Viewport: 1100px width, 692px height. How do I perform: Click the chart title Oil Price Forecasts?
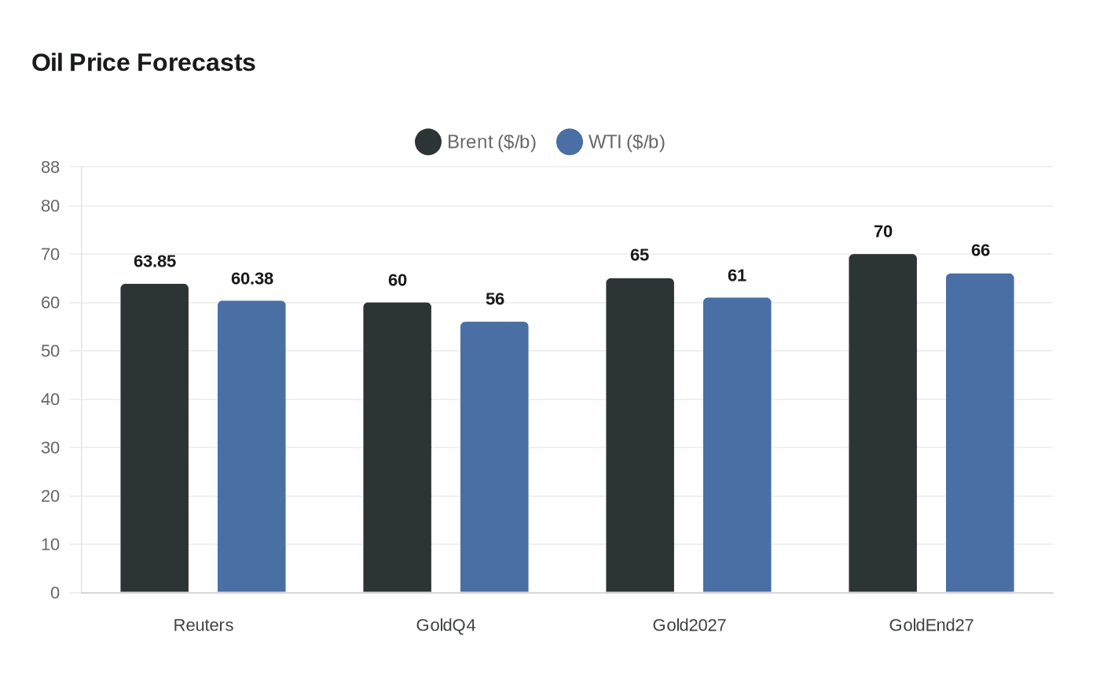click(144, 63)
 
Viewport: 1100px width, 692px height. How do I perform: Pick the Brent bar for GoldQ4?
click(398, 447)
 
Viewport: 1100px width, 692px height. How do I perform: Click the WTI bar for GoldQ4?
click(494, 457)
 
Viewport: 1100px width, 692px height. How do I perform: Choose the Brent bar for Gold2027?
click(640, 436)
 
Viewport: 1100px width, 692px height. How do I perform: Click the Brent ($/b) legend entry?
click(476, 142)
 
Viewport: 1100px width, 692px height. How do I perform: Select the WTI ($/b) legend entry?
click(611, 142)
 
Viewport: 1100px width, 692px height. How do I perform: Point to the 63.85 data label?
click(155, 262)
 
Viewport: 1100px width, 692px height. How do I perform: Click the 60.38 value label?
click(252, 279)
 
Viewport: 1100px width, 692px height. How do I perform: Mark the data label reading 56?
click(495, 300)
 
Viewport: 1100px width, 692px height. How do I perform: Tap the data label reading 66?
click(981, 251)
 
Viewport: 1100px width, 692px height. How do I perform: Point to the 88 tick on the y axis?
click(50, 167)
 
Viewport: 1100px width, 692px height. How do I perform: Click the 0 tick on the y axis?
click(55, 593)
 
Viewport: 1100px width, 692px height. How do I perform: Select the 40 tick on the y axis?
click(50, 399)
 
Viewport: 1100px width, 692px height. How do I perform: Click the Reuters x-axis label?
click(203, 625)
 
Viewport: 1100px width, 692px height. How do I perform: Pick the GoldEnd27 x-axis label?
click(931, 625)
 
